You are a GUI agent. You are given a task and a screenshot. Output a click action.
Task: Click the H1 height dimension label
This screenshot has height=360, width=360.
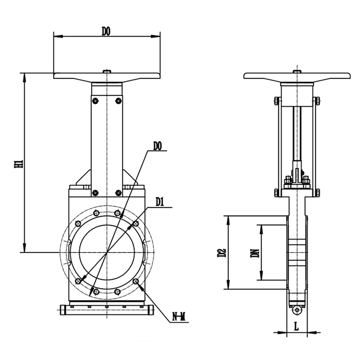click(x=19, y=164)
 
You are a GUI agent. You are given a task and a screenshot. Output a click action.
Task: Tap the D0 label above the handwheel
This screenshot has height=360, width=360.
click(x=106, y=31)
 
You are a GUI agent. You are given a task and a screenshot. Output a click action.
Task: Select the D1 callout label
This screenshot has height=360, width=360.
click(x=160, y=202)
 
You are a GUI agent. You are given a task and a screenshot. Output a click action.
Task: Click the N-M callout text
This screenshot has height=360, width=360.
click(x=179, y=317)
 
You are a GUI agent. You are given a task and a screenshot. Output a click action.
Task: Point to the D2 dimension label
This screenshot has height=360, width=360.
click(x=222, y=252)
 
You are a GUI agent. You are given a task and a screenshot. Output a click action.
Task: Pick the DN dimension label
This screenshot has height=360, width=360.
click(x=255, y=253)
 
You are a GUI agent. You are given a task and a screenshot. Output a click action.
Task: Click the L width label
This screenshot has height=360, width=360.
click(x=297, y=326)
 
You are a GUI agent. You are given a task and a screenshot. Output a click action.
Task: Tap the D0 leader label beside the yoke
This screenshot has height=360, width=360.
click(x=157, y=146)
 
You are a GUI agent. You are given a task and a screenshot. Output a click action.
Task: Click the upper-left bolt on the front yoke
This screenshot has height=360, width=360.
click(x=95, y=100)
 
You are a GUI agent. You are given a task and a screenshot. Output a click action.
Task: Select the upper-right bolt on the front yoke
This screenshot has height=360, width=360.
click(x=118, y=100)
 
